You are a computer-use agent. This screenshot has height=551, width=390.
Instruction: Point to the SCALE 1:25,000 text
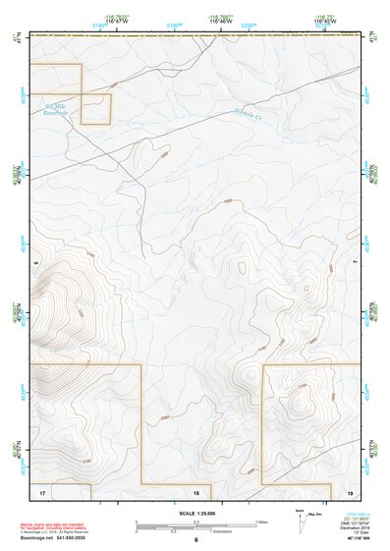click(196, 514)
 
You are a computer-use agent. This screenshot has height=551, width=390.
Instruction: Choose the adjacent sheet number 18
click(196, 492)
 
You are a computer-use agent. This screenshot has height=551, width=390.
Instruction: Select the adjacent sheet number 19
click(351, 492)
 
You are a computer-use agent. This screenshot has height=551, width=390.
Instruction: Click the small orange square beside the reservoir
click(95, 108)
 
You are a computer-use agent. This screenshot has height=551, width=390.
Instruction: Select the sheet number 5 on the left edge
click(35, 263)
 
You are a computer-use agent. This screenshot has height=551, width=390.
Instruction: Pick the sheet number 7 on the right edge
click(355, 263)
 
